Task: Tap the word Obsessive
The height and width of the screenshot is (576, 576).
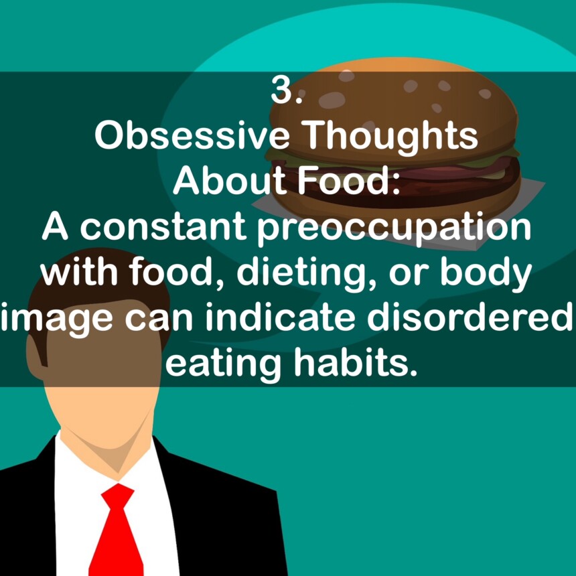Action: [x=190, y=137]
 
